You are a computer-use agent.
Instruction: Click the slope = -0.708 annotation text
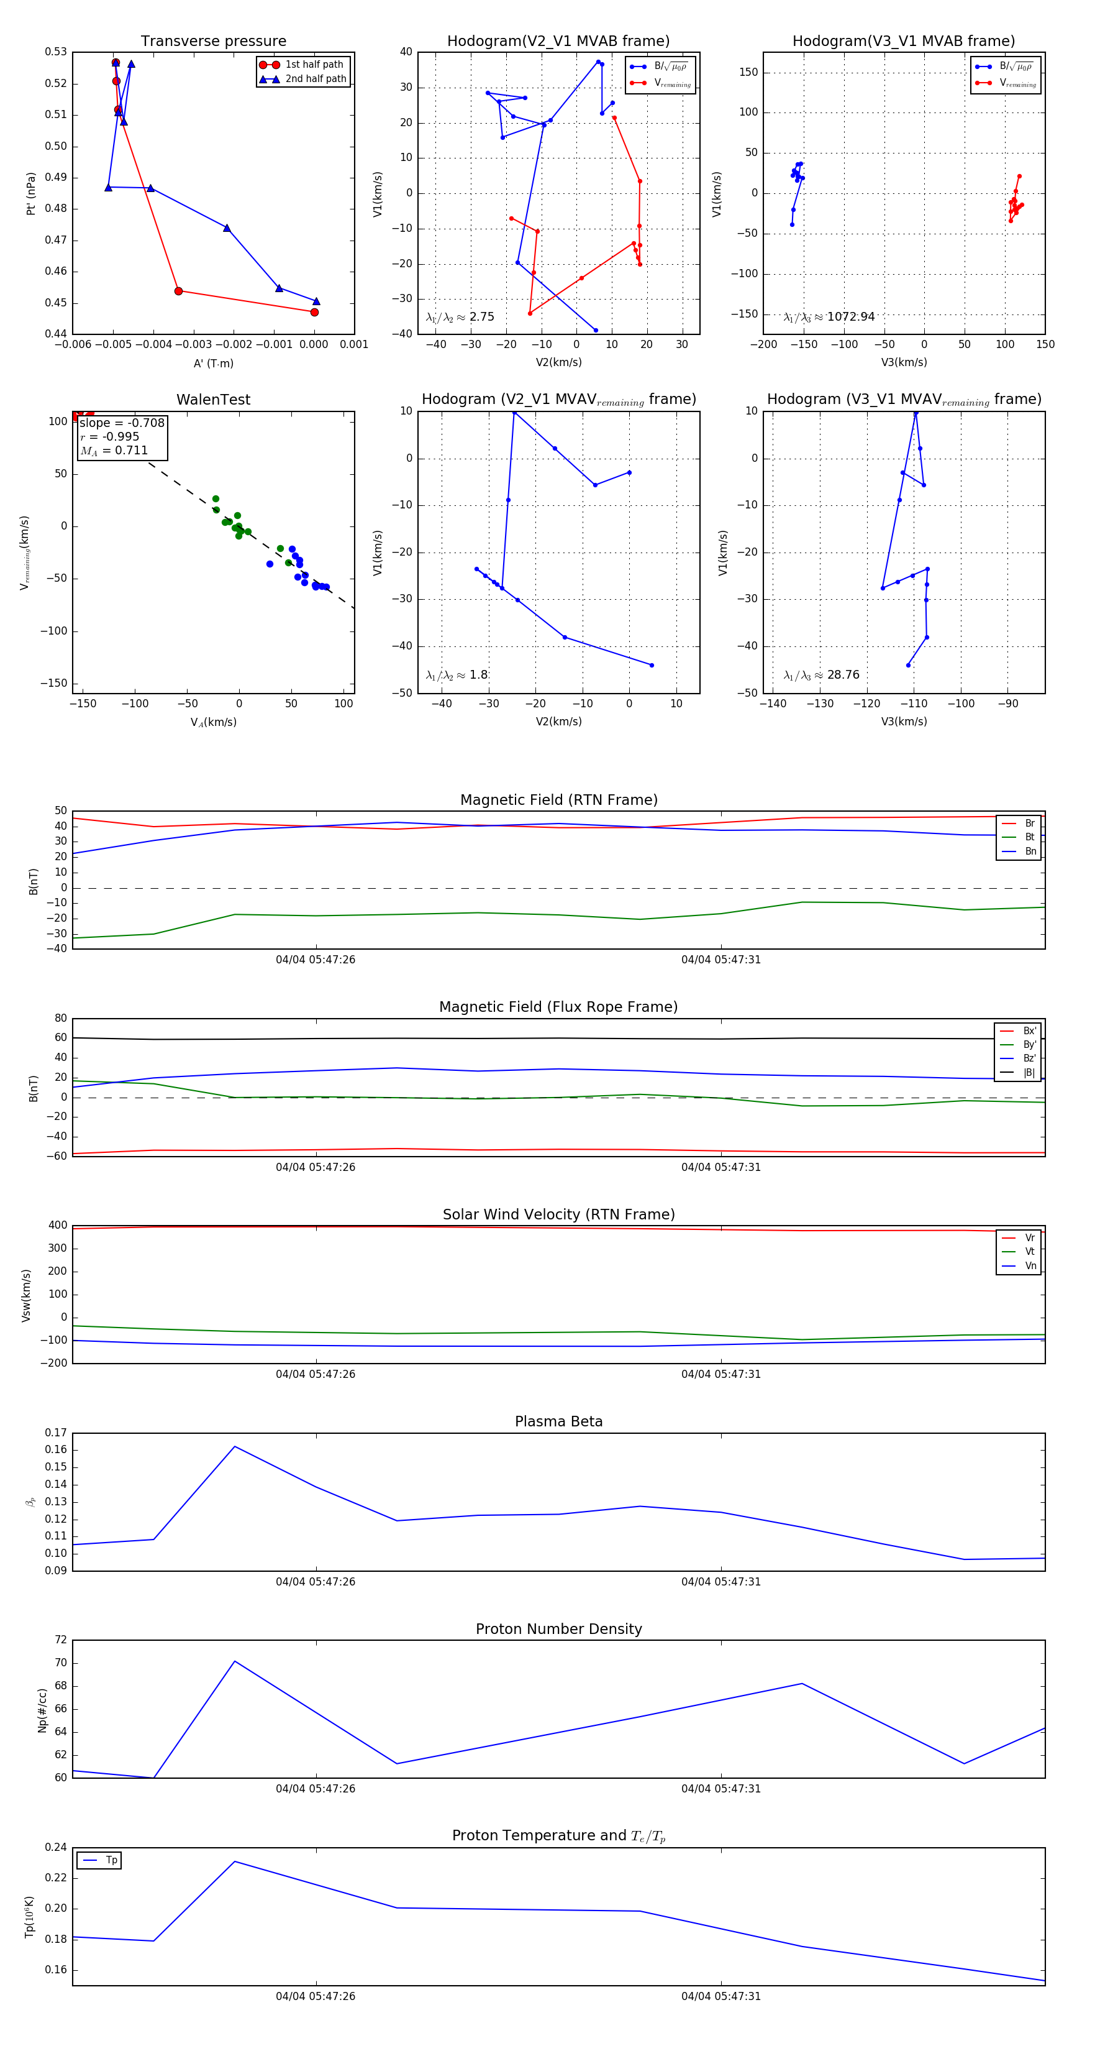click(122, 423)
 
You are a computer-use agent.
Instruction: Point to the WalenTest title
click(213, 400)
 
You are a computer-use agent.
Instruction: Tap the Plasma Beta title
click(558, 1422)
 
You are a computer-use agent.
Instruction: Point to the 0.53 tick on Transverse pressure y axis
click(56, 52)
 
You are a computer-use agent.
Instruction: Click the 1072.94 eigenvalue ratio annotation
click(851, 317)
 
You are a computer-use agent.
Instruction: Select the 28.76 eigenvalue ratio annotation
click(843, 675)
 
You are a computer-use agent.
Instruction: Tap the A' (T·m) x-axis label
click(213, 364)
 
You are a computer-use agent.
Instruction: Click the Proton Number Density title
click(558, 1629)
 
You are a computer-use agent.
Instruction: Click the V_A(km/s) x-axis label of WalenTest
click(213, 722)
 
